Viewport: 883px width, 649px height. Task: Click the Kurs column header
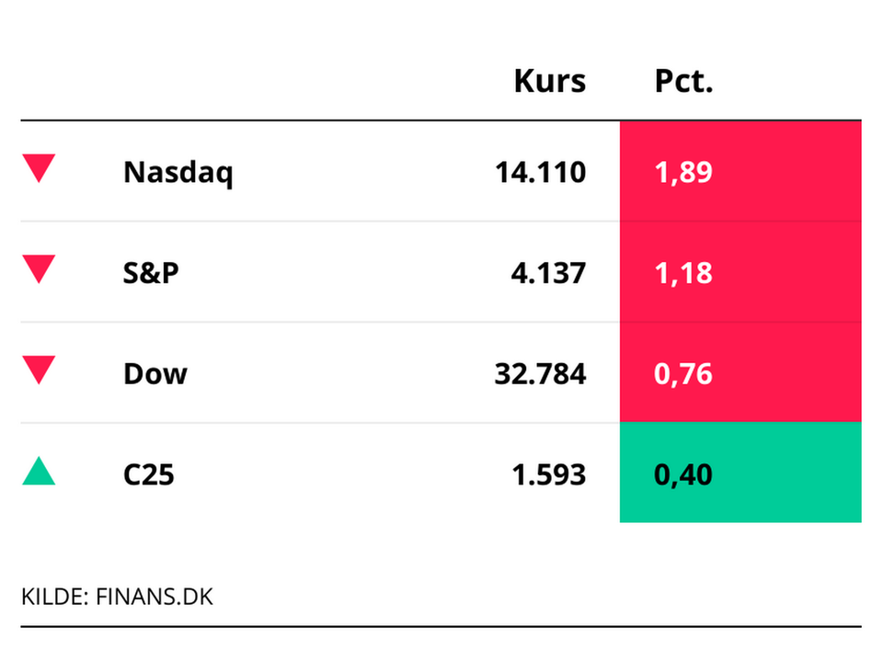click(x=549, y=81)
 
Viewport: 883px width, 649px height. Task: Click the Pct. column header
click(x=683, y=81)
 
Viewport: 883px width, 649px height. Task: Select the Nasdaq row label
click(x=178, y=173)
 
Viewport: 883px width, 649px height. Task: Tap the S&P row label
click(x=151, y=273)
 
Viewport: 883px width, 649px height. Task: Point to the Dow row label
click(x=155, y=374)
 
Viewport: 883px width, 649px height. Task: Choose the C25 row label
click(x=148, y=474)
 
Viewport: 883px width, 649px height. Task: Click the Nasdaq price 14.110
click(x=540, y=172)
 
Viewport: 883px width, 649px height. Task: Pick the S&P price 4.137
click(x=548, y=273)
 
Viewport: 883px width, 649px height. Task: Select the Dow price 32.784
click(x=540, y=374)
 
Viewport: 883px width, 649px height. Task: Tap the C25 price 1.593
click(x=548, y=474)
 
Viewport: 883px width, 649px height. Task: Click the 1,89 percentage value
click(x=683, y=172)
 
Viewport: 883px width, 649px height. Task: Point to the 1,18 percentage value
click(x=683, y=273)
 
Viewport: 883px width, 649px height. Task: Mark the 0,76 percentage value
click(x=683, y=374)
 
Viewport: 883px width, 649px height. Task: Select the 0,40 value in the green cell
click(x=683, y=474)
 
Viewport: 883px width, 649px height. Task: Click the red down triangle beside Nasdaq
click(x=39, y=168)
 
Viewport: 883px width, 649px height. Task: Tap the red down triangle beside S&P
click(x=39, y=269)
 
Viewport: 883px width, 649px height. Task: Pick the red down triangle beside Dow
click(x=39, y=370)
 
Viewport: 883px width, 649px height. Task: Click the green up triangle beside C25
click(x=39, y=473)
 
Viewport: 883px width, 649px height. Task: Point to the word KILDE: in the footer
click(x=52, y=597)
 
